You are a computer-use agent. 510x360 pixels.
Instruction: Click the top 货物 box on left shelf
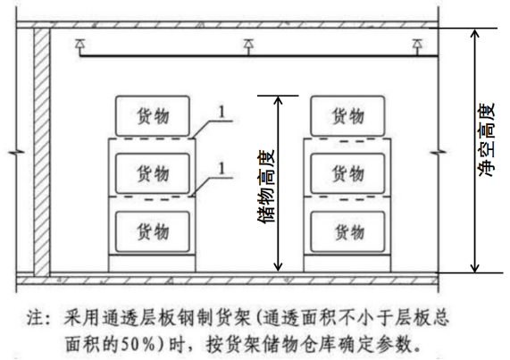pyautogui.click(x=151, y=116)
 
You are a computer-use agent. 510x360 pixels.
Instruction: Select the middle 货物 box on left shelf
pyautogui.click(x=151, y=170)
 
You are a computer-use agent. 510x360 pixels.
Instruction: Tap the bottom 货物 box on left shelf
pyautogui.click(x=151, y=231)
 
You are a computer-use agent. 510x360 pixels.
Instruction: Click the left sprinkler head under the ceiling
pyautogui.click(x=79, y=44)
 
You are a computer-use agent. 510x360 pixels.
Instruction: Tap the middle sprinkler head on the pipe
pyautogui.click(x=248, y=44)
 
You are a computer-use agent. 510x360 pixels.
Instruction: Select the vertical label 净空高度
pyautogui.click(x=487, y=143)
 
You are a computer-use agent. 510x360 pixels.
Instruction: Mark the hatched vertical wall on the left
pyautogui.click(x=40, y=152)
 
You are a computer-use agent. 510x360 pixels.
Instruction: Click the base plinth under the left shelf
pyautogui.click(x=151, y=262)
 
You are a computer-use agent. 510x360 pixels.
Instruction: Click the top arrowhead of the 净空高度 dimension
pyautogui.click(x=474, y=32)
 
